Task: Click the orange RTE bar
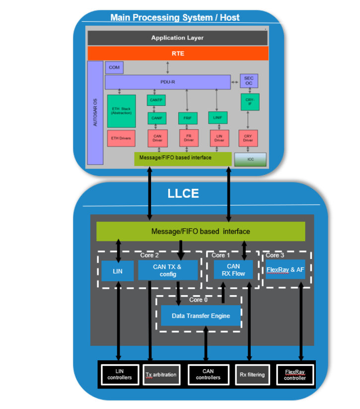tap(178, 53)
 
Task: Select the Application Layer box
tap(178, 38)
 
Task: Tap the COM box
tap(114, 68)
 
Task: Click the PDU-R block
tap(168, 82)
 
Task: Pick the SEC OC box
tap(249, 81)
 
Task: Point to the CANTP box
tap(156, 100)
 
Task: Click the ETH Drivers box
tap(121, 138)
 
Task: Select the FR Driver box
tap(189, 138)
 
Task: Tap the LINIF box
tap(217, 118)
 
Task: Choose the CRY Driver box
tap(248, 138)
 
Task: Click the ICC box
tap(250, 160)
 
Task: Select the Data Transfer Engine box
tap(201, 316)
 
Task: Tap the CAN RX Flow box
tap(233, 270)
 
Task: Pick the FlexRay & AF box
tap(286, 270)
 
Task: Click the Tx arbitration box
tap(161, 374)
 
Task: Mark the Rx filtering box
tap(252, 374)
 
